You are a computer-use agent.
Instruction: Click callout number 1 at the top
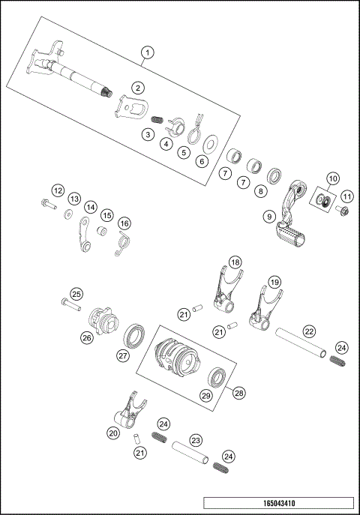point(148,52)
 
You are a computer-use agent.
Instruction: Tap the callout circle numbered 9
point(269,217)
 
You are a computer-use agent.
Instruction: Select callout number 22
point(309,330)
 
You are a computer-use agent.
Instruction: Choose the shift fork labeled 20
point(128,411)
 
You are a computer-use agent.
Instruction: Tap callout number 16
point(124,223)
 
